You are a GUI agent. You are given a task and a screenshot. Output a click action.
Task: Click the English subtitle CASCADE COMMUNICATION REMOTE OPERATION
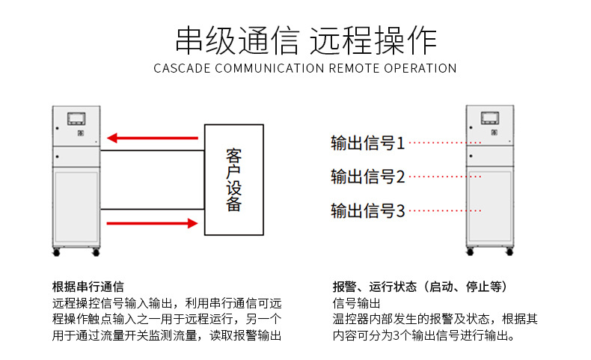click(305, 68)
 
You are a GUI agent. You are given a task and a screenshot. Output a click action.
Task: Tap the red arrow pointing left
click(154, 138)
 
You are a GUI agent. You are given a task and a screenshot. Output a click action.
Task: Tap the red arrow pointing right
click(154, 223)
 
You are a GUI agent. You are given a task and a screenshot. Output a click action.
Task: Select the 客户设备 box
click(234, 180)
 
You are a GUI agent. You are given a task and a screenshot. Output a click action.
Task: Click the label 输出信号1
click(368, 142)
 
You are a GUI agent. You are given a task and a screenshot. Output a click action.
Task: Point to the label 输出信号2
click(368, 177)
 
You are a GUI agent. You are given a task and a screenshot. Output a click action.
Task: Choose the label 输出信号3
click(368, 211)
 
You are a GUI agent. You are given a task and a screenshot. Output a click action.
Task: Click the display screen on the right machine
click(489, 118)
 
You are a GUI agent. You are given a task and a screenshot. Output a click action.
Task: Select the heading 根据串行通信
click(88, 287)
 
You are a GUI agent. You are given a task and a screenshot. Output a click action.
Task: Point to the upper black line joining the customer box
click(153, 150)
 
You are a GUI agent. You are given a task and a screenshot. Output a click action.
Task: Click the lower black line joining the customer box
click(153, 209)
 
